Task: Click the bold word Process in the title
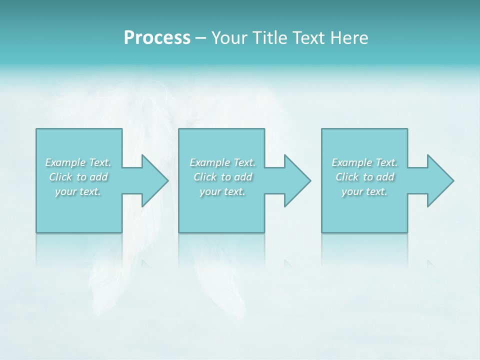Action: coord(157,37)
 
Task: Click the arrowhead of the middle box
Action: coord(296,180)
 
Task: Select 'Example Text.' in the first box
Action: coord(78,162)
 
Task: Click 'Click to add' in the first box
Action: coord(78,177)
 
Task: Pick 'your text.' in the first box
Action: coord(78,191)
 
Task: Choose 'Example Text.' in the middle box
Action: coord(222,162)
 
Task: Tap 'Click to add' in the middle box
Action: coord(222,177)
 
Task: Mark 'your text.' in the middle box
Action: coord(222,191)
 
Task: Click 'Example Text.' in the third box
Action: coord(364,162)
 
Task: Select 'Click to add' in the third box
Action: coord(364,177)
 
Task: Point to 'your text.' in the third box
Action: coord(364,191)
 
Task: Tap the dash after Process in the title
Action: coord(200,38)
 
